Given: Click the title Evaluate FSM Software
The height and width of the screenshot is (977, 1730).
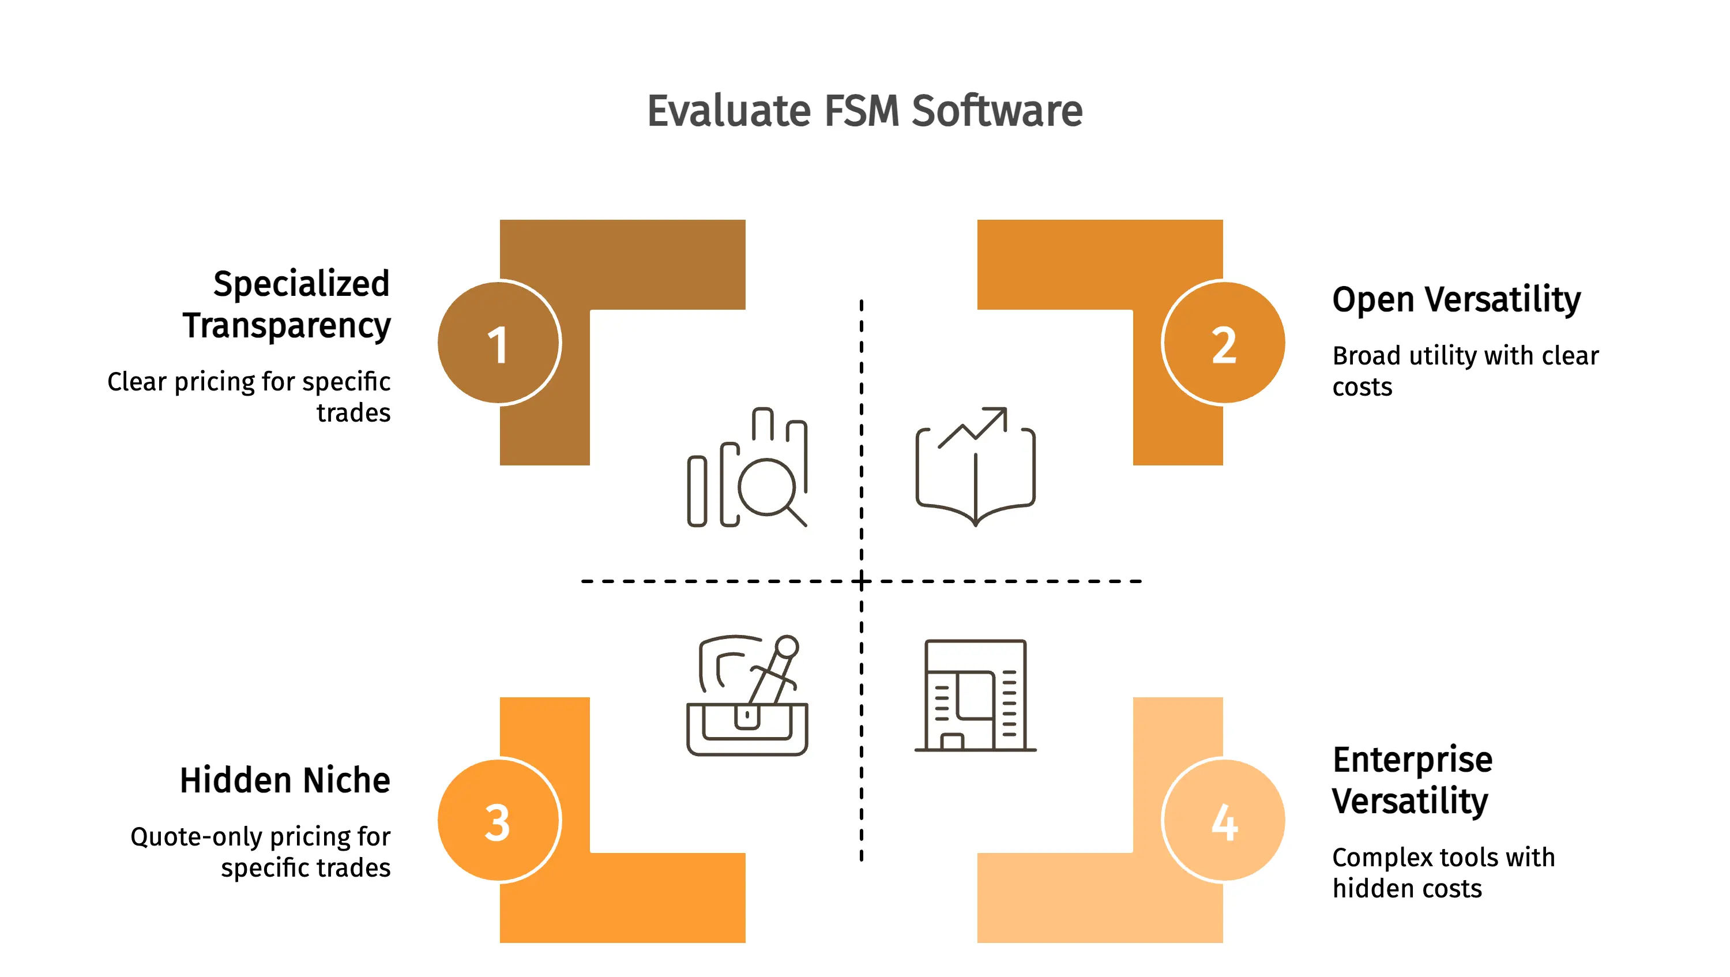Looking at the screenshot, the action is [x=864, y=111].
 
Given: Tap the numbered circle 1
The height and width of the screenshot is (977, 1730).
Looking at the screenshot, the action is [x=498, y=343].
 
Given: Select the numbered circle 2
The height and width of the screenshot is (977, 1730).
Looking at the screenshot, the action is [x=1224, y=343].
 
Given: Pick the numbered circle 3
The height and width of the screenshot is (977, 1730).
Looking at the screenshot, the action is [x=498, y=820].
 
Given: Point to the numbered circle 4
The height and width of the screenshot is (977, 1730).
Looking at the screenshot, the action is [x=1224, y=820].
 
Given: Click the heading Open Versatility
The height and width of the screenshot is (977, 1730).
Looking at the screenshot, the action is [x=1456, y=299].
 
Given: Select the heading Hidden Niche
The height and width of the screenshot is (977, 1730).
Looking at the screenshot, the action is [x=285, y=780].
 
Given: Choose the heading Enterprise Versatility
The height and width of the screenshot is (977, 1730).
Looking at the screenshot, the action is [x=1412, y=780].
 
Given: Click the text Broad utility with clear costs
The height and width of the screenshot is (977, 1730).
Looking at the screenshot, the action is [x=1465, y=371].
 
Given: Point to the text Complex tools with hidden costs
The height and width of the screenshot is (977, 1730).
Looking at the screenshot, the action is [x=1443, y=872].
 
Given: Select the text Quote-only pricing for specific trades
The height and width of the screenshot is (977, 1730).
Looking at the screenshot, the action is [x=261, y=851].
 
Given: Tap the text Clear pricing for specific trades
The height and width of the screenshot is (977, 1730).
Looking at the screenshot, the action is [x=249, y=396].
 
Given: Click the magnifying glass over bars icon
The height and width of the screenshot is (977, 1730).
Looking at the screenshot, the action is [x=747, y=467].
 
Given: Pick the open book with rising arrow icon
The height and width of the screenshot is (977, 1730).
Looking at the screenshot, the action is [x=975, y=467].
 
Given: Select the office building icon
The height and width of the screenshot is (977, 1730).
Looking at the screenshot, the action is [x=975, y=695].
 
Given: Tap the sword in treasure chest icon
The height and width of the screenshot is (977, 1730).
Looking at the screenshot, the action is [x=747, y=695].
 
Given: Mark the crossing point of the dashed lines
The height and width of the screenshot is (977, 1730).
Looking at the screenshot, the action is [x=862, y=581].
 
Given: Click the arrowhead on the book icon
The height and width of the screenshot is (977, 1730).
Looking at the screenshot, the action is [x=999, y=416].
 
